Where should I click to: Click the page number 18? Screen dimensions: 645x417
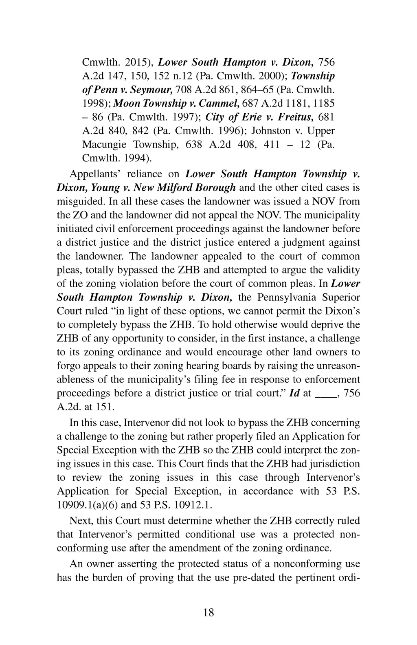coord(208,612)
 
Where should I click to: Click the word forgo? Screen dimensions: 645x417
coord(68,365)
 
